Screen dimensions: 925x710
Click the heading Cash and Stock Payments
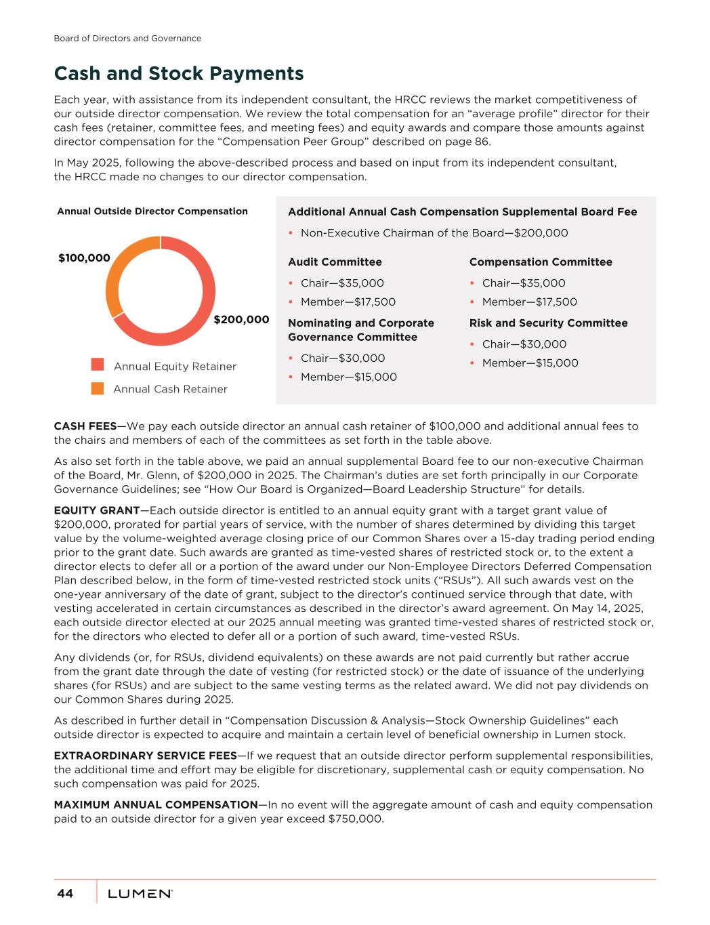coord(179,73)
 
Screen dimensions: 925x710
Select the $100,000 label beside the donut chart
coord(84,258)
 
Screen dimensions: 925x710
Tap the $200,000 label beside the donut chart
coord(241,319)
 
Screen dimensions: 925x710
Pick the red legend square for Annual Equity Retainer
coord(98,365)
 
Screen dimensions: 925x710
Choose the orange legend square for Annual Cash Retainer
coord(98,388)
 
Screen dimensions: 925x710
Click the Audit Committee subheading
coord(335,262)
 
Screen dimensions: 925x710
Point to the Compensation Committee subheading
coord(540,262)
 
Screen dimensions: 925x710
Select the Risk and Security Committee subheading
coord(548,323)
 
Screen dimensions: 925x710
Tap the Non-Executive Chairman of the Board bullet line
coord(434,233)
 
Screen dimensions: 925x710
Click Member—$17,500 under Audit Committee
coord(348,302)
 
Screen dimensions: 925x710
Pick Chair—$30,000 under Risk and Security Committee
coord(524,344)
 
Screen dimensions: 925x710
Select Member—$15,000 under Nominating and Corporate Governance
coord(348,377)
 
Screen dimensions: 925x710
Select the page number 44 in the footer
coord(65,894)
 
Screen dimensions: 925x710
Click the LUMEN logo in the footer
coord(140,894)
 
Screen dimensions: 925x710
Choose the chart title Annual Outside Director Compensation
coord(152,211)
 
